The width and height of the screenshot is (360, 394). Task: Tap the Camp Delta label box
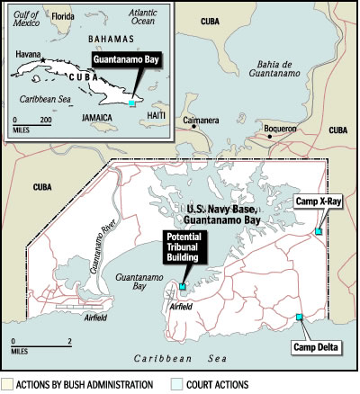[x=311, y=347]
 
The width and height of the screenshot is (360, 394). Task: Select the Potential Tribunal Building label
[x=184, y=247]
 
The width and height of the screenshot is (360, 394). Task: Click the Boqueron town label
[x=280, y=129]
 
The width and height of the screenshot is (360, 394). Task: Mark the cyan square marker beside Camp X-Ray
[x=319, y=233]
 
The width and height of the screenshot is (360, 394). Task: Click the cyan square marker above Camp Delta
[x=300, y=317]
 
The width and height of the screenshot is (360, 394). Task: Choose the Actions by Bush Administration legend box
[x=6, y=385]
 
